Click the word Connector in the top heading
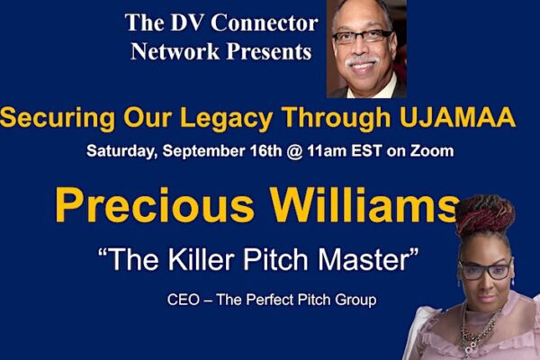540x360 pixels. [x=264, y=22]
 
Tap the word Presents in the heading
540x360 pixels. [x=268, y=51]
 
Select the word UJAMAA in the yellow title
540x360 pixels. [x=457, y=118]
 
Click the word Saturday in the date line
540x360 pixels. [x=122, y=151]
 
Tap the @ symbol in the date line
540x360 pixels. [x=295, y=151]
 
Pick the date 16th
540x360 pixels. [x=265, y=151]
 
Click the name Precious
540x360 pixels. [x=155, y=205]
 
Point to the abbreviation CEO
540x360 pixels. [x=184, y=300]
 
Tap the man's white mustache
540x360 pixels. [x=362, y=61]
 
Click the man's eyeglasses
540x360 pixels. [x=362, y=36]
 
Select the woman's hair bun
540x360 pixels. [x=484, y=212]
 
